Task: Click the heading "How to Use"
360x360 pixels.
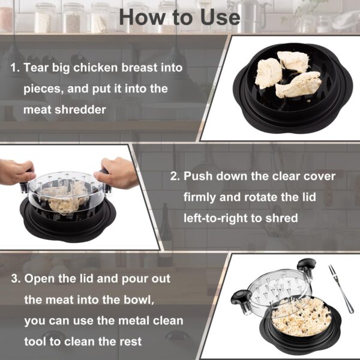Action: tap(179, 17)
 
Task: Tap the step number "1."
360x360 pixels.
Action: tap(15, 67)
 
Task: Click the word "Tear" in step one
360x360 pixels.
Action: tap(38, 67)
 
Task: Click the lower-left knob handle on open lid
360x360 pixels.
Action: tap(241, 298)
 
